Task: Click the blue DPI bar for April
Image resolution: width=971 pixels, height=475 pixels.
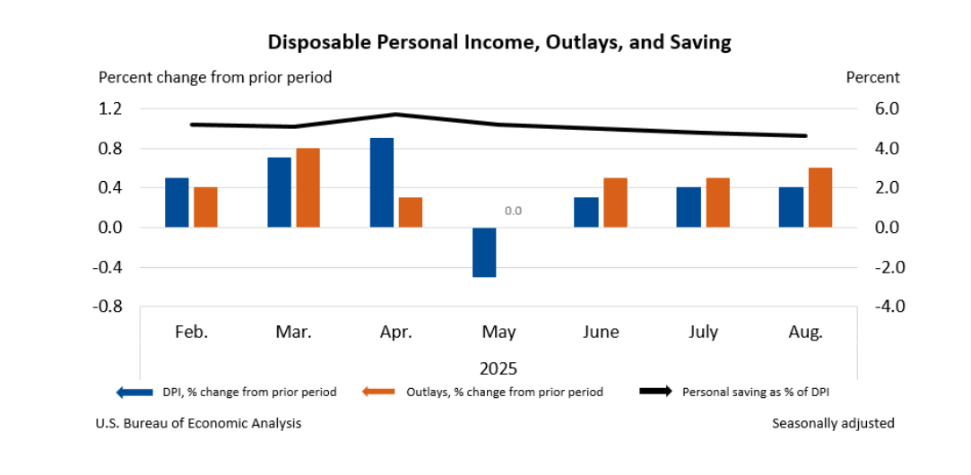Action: pos(382,183)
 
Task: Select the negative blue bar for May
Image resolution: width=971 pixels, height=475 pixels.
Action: pos(484,252)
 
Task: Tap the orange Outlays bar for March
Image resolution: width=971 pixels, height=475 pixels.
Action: pos(308,187)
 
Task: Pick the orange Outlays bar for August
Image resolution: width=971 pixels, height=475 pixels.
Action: pos(819,197)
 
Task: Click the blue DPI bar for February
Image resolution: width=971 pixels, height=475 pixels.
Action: pos(178,203)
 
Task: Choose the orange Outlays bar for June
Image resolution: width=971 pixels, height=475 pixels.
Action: pos(615,203)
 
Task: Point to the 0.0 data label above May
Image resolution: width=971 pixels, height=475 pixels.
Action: pos(513,212)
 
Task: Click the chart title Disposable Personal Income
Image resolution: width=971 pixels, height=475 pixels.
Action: pos(499,42)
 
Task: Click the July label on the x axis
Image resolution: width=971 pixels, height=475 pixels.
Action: pos(704,332)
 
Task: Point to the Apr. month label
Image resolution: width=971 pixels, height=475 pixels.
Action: pos(396,332)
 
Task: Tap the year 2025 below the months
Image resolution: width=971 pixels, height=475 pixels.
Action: pos(499,367)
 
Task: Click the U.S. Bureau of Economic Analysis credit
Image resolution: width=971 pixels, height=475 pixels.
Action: pos(198,423)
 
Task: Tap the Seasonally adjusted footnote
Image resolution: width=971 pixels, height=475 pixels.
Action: pos(833,423)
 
